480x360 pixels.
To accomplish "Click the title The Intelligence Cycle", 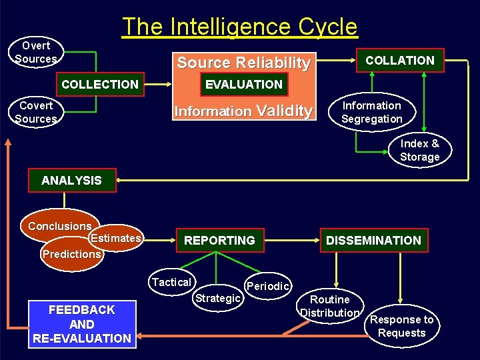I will (239, 27).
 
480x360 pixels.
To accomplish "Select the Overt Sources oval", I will (36, 52).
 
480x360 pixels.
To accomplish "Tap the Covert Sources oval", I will (36, 112).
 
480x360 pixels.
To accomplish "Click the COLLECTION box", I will (100, 84).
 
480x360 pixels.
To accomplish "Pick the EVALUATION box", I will (243, 84).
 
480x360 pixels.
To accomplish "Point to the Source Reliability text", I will (243, 63).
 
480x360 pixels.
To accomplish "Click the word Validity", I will (284, 111).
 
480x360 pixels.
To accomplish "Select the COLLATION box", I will (400, 60).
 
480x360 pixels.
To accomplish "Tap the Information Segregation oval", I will (371, 112).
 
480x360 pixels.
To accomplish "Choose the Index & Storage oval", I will (420, 150).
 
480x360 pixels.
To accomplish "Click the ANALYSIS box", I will (71, 180).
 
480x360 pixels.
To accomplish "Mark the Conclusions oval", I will (59, 226).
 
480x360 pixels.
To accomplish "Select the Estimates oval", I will (116, 238).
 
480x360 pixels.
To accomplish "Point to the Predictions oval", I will (72, 254).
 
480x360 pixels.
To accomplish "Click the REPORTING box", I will (219, 240).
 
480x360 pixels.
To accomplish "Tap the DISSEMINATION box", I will (373, 240).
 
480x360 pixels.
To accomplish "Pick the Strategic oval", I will (217, 298).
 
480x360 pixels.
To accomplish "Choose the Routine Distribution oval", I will (330, 306).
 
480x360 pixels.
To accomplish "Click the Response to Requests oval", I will (401, 326).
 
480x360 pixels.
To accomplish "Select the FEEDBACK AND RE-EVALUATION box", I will (82, 324).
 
